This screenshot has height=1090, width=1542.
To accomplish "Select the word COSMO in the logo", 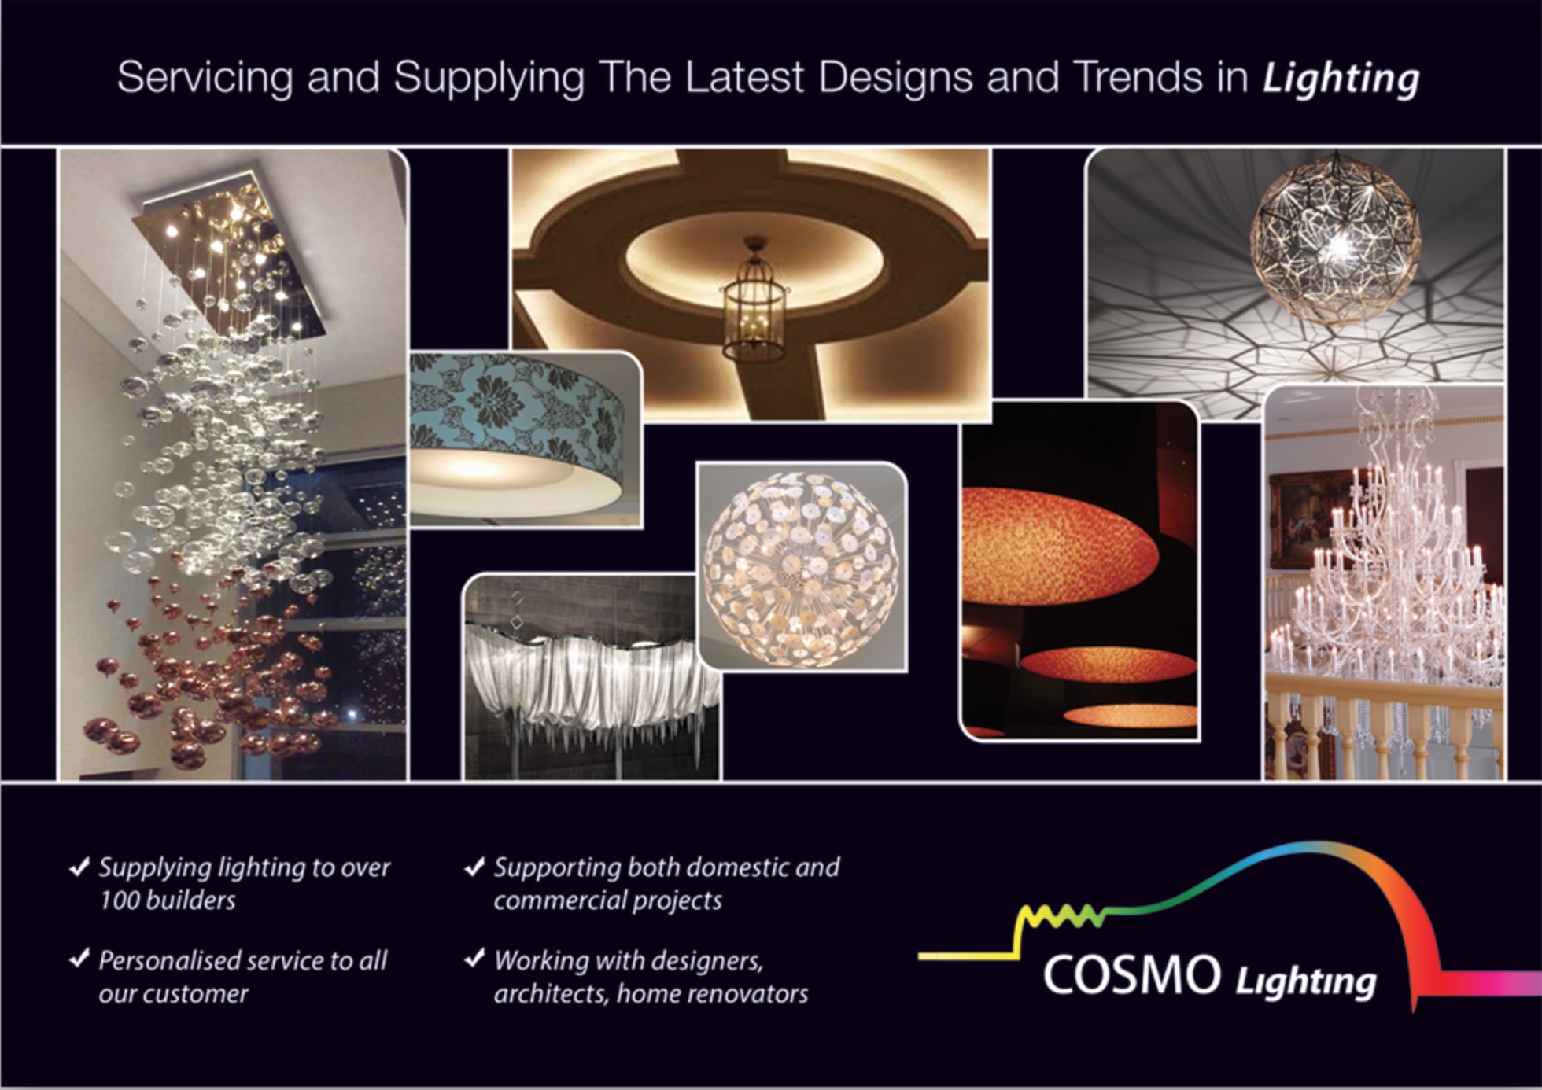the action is click(1131, 975).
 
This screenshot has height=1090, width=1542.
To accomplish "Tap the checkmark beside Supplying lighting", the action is click(79, 867).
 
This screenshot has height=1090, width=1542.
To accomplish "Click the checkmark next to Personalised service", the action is click(79, 959).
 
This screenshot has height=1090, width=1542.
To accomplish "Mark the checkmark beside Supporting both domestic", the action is click(474, 867).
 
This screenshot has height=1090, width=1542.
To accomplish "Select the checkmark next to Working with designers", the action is click(474, 959).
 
